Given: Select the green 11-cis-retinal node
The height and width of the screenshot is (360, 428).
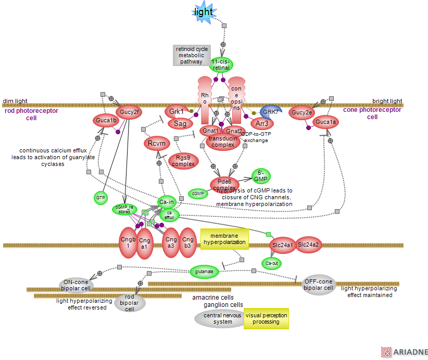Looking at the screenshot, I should tap(221, 65).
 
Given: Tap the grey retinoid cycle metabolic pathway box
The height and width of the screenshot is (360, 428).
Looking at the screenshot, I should tap(191, 55).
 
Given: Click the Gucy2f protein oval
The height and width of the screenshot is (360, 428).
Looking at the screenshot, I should tap(130, 112).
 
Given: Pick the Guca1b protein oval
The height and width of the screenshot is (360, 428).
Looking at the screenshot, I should tap(107, 121).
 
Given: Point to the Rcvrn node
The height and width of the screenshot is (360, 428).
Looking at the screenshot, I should tap(156, 143).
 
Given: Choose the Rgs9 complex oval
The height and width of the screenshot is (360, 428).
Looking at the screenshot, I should tap(183, 161).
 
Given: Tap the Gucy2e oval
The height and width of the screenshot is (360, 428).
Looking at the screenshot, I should tap(302, 112).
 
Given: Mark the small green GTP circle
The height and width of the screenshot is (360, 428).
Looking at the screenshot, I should tap(100, 198).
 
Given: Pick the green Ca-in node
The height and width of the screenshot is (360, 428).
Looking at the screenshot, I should tap(167, 202).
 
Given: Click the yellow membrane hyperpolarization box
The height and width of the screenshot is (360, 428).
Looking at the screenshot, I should tap(224, 239).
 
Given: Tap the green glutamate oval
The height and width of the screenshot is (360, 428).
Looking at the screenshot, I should tap(204, 271).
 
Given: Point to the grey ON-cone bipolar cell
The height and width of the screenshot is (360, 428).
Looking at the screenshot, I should tap(75, 285).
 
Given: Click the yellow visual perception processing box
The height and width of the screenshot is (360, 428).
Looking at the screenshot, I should tap(266, 318).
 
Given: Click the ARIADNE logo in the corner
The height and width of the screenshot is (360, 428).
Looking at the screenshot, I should tap(404, 352).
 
